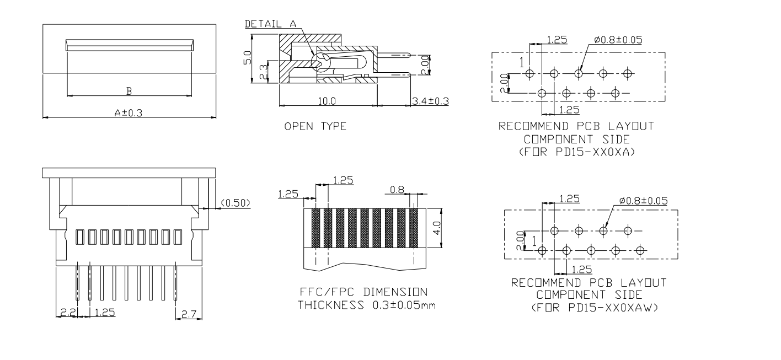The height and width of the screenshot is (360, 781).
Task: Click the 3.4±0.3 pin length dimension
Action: tap(430, 101)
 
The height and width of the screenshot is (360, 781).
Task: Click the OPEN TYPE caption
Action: tap(315, 127)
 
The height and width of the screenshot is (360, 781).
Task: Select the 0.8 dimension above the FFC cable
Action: tap(397, 189)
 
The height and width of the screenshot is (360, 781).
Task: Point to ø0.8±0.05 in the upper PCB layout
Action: tap(618, 40)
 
